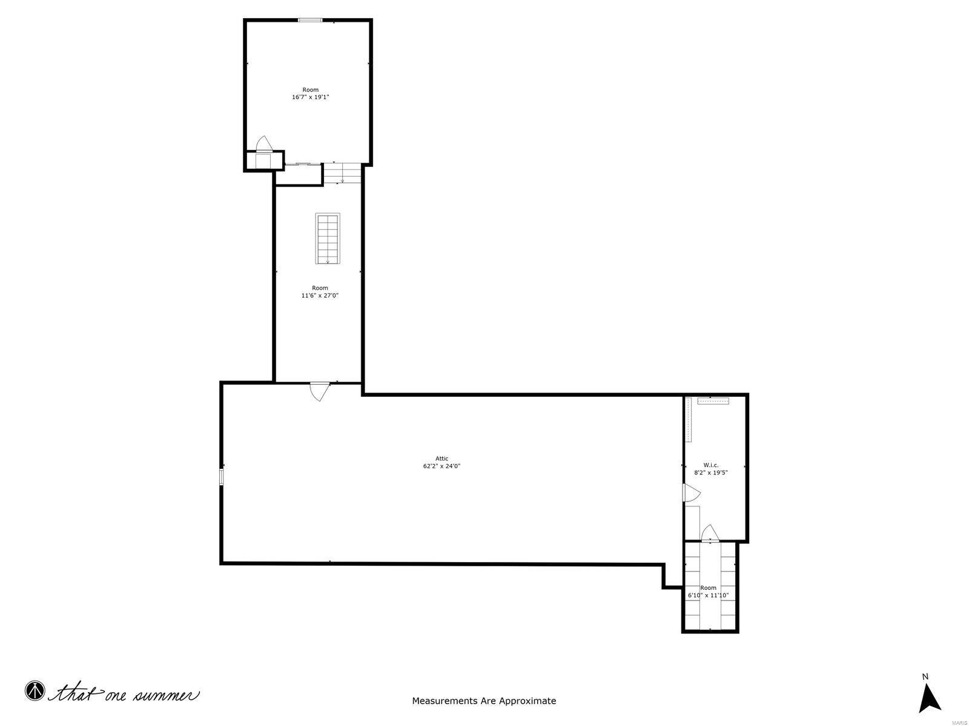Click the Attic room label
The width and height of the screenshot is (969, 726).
click(x=442, y=459)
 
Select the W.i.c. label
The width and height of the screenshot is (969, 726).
click(x=711, y=465)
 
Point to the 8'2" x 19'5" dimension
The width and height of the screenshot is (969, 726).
click(x=710, y=473)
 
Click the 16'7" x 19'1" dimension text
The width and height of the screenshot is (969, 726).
click(x=310, y=97)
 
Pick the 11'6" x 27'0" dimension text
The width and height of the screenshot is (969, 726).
click(x=320, y=296)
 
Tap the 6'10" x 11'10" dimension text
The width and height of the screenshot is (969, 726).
click(x=708, y=595)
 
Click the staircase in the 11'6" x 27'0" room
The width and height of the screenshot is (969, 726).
click(x=328, y=238)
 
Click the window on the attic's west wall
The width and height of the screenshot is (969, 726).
click(x=222, y=477)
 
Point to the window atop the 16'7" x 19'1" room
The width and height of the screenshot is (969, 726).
click(x=310, y=21)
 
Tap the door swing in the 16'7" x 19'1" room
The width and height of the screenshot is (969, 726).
click(x=265, y=143)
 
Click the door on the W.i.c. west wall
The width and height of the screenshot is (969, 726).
click(x=689, y=492)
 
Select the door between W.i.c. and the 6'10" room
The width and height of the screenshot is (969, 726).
click(x=710, y=534)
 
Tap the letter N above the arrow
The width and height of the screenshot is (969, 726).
click(x=925, y=676)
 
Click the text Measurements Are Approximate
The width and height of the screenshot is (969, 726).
click(x=484, y=701)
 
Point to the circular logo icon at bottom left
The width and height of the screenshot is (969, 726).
click(x=35, y=690)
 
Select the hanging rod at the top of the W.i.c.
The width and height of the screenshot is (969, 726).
click(x=713, y=401)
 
